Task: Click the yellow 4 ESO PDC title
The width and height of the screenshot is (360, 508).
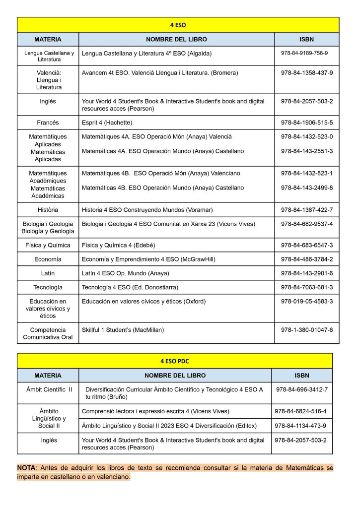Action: pyautogui.click(x=174, y=361)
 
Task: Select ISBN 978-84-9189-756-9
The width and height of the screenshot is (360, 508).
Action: pyautogui.click(x=304, y=53)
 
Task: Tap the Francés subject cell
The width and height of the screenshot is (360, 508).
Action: pyautogui.click(x=48, y=123)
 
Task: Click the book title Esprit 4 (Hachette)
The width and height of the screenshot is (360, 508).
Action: pyautogui.click(x=107, y=123)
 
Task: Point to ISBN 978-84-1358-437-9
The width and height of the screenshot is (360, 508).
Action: pyautogui.click(x=307, y=73)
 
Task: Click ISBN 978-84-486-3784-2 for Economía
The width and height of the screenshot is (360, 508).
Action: pyautogui.click(x=307, y=259)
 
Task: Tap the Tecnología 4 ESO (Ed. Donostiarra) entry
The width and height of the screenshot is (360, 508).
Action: pyautogui.click(x=130, y=287)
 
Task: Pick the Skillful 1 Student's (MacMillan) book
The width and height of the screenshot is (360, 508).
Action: pyautogui.click(x=123, y=330)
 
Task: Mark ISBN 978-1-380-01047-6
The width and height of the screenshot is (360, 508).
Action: pyautogui.click(x=307, y=330)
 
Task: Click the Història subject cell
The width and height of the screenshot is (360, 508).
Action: pyautogui.click(x=48, y=210)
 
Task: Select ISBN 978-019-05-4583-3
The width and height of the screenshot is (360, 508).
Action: pyautogui.click(x=307, y=301)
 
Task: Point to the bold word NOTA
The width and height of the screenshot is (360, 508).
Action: pyautogui.click(x=26, y=467)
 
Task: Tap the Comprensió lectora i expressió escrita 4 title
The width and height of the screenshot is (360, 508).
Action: pyautogui.click(x=155, y=411)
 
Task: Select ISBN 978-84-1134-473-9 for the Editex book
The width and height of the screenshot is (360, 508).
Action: pyautogui.click(x=300, y=426)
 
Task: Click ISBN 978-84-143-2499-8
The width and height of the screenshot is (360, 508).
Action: pyautogui.click(x=307, y=188)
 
